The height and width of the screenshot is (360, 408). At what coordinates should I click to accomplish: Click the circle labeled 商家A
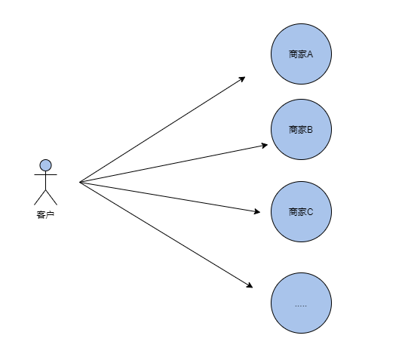301,54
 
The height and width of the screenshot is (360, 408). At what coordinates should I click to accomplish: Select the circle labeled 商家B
301,129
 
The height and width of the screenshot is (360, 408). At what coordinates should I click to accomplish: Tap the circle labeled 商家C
301,211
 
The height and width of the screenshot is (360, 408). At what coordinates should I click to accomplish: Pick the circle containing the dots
301,303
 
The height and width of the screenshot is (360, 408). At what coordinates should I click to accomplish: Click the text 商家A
301,54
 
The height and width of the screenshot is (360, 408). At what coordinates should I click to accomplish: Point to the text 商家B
301,130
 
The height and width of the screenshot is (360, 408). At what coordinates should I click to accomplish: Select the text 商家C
301,212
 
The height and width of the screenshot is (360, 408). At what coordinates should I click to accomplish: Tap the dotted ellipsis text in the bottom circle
301,306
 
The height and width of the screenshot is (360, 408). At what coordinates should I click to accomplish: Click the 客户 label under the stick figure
45,214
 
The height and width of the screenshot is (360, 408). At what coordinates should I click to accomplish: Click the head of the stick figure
45,165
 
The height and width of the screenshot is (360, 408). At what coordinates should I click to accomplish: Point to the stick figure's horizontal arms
45,174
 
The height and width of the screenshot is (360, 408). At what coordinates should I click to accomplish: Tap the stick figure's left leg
40,198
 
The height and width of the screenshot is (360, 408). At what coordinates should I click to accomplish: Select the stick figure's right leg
51,198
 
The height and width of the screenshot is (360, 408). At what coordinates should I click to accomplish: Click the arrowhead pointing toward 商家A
242,78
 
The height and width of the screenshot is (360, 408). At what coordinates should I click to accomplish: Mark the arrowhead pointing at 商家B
265,146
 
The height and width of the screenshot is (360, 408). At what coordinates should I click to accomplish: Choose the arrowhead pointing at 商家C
257,211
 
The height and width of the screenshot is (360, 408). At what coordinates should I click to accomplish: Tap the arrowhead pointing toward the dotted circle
250,285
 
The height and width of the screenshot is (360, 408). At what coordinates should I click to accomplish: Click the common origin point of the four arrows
80,182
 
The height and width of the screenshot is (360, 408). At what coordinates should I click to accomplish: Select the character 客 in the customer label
41,214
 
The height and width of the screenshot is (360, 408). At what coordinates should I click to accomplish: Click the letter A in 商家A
310,54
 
